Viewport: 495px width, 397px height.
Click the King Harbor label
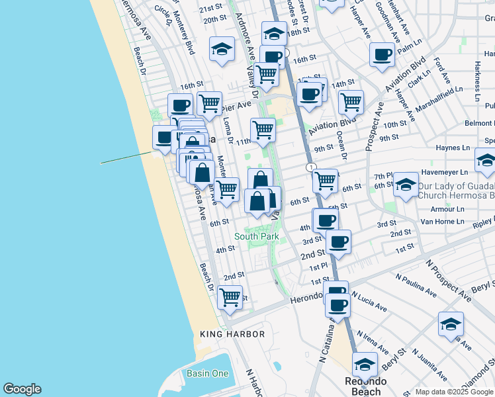(x=232, y=335)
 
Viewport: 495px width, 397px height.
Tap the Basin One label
(x=207, y=374)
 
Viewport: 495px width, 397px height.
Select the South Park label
(x=256, y=236)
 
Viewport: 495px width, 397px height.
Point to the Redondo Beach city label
(x=365, y=386)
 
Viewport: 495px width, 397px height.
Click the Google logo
(x=22, y=389)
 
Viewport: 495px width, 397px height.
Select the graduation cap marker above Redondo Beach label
(x=365, y=364)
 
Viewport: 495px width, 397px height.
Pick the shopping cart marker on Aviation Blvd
(x=351, y=102)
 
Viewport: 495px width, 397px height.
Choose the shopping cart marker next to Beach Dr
(x=230, y=297)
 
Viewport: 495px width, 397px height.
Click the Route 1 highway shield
(x=310, y=167)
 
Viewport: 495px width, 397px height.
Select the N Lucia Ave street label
(x=369, y=301)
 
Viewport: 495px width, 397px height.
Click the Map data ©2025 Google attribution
(x=454, y=392)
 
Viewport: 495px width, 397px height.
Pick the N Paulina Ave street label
(x=416, y=285)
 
